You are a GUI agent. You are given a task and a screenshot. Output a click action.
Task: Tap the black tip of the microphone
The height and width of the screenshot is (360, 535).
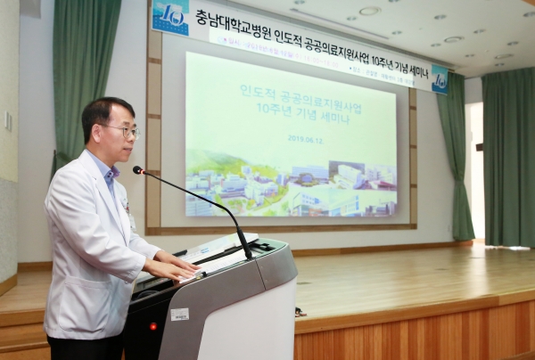[x=138, y=169]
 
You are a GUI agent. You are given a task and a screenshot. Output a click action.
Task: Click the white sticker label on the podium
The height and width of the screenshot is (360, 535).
[x=180, y=314]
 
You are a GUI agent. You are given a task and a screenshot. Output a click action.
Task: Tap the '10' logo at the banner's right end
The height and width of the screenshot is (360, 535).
[x=440, y=79]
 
